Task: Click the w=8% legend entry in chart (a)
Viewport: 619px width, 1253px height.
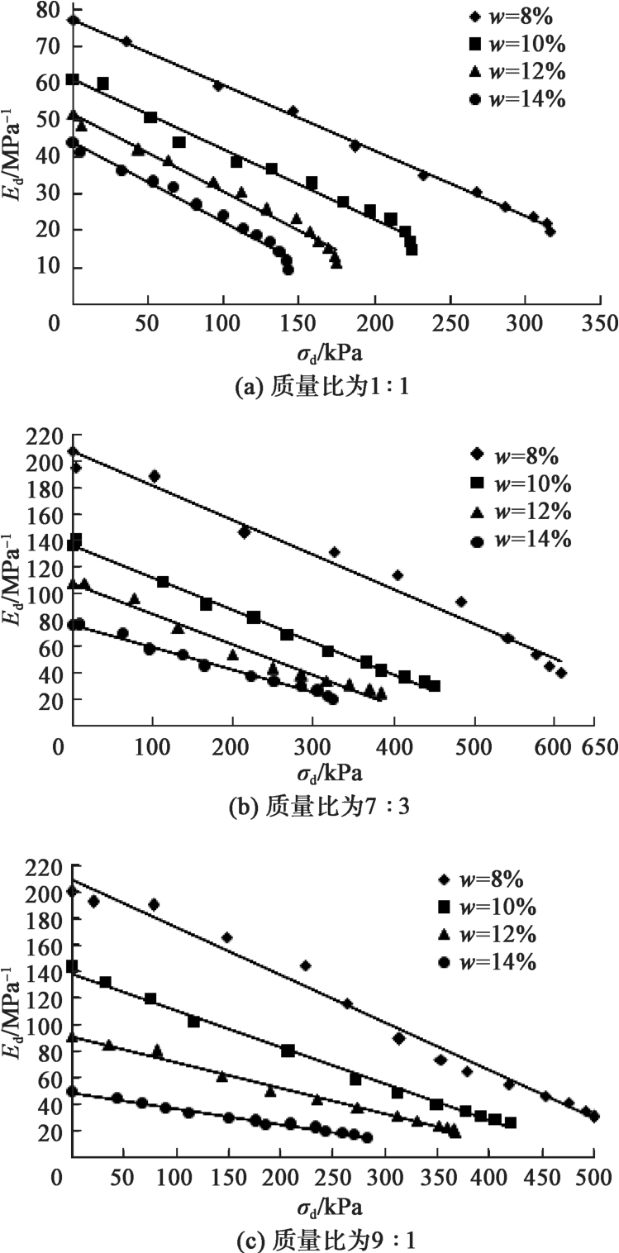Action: tap(526, 17)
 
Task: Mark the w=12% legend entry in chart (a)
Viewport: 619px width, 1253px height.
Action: tap(526, 71)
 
